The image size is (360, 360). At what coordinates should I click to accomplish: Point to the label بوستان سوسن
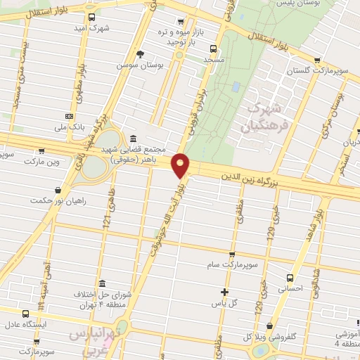click(x=140, y=65)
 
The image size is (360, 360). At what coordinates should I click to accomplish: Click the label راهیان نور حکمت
click(x=58, y=201)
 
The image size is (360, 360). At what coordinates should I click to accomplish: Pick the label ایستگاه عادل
click(x=26, y=326)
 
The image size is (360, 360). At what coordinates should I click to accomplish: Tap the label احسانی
click(x=290, y=288)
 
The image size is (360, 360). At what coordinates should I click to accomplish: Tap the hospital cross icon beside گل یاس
click(x=224, y=292)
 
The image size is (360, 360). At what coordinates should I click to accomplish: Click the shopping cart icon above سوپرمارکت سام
click(x=233, y=255)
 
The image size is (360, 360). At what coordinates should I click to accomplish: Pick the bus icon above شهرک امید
click(x=92, y=17)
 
